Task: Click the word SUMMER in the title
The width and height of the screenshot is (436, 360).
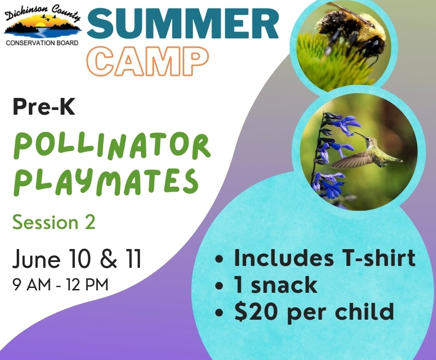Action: [x=183, y=24]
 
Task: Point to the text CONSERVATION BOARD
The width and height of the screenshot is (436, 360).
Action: [x=42, y=43]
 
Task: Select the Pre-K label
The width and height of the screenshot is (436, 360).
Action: [x=44, y=107]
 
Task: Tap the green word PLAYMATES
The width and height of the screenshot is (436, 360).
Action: [x=106, y=181]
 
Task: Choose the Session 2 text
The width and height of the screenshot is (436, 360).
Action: [x=54, y=223]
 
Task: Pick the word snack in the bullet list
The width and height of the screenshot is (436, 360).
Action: [x=284, y=285]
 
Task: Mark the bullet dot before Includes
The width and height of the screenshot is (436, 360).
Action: [x=220, y=259]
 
